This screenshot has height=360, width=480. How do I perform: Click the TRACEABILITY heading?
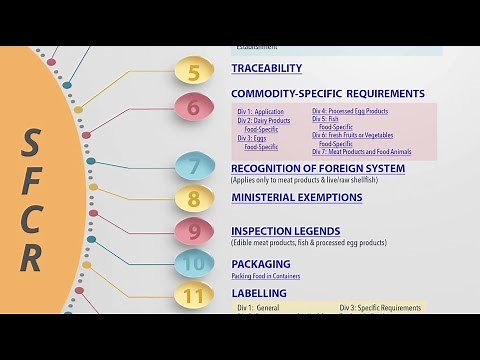pyautogui.click(x=266, y=68)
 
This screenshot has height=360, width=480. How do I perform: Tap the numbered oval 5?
pyautogui.click(x=194, y=71)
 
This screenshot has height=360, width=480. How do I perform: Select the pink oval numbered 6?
pyautogui.click(x=194, y=106)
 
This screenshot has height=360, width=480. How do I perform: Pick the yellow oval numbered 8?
pyautogui.click(x=194, y=198)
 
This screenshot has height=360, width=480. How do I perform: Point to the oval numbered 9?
pyautogui.click(x=194, y=232)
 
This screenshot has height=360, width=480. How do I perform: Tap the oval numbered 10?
pyautogui.click(x=194, y=264)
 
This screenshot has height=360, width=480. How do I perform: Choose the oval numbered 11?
pyautogui.click(x=194, y=296)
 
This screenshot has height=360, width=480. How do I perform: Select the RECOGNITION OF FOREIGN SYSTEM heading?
pyautogui.click(x=318, y=168)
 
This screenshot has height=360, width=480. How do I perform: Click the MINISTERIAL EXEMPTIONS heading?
pyautogui.click(x=296, y=197)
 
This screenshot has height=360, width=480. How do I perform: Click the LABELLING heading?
pyautogui.click(x=259, y=293)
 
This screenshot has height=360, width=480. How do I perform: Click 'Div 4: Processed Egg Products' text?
pyautogui.click(x=350, y=111)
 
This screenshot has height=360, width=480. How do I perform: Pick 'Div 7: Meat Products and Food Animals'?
pyautogui.click(x=360, y=151)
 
